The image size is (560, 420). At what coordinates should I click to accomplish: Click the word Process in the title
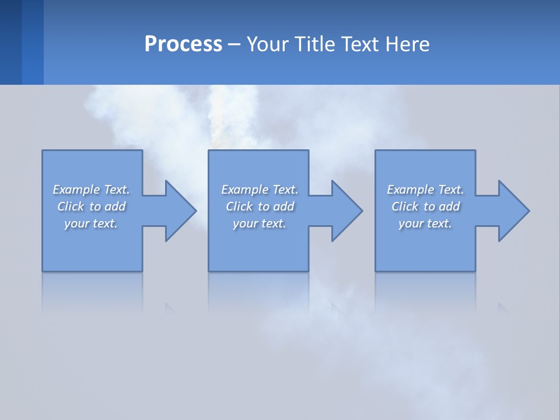point(183,44)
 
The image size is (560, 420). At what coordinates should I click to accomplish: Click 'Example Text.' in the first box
point(91,190)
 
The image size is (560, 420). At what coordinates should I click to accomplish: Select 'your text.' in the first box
point(91,223)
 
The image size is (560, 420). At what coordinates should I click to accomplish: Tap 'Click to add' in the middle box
point(260,206)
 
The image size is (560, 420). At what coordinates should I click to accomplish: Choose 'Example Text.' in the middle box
point(260,190)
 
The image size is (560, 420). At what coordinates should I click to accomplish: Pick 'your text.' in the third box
point(425,223)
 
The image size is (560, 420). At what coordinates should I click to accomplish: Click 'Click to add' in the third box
point(425,206)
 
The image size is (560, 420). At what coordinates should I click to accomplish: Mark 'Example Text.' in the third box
point(425,190)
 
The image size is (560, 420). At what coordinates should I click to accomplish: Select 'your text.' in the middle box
point(260,223)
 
